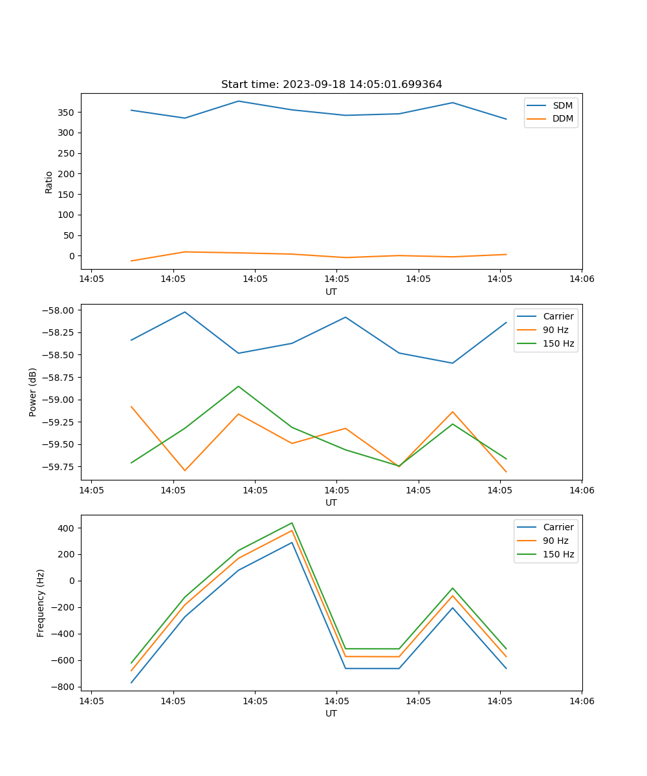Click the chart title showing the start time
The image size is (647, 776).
331,85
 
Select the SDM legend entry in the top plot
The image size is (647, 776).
562,105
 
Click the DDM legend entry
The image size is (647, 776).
562,118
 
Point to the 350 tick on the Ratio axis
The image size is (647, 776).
67,113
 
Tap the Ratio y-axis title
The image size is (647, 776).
49,182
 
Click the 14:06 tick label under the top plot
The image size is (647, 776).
581,279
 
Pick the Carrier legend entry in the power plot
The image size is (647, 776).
558,316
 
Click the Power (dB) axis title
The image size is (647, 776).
33,392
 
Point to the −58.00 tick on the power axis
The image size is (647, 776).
60,310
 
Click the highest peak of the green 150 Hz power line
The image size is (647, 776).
238,386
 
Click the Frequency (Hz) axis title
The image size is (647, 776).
41,603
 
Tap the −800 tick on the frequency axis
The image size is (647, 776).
65,687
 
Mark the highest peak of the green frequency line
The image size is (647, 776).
292,523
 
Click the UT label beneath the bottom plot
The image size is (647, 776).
331,713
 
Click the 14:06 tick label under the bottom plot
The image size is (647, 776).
581,701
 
